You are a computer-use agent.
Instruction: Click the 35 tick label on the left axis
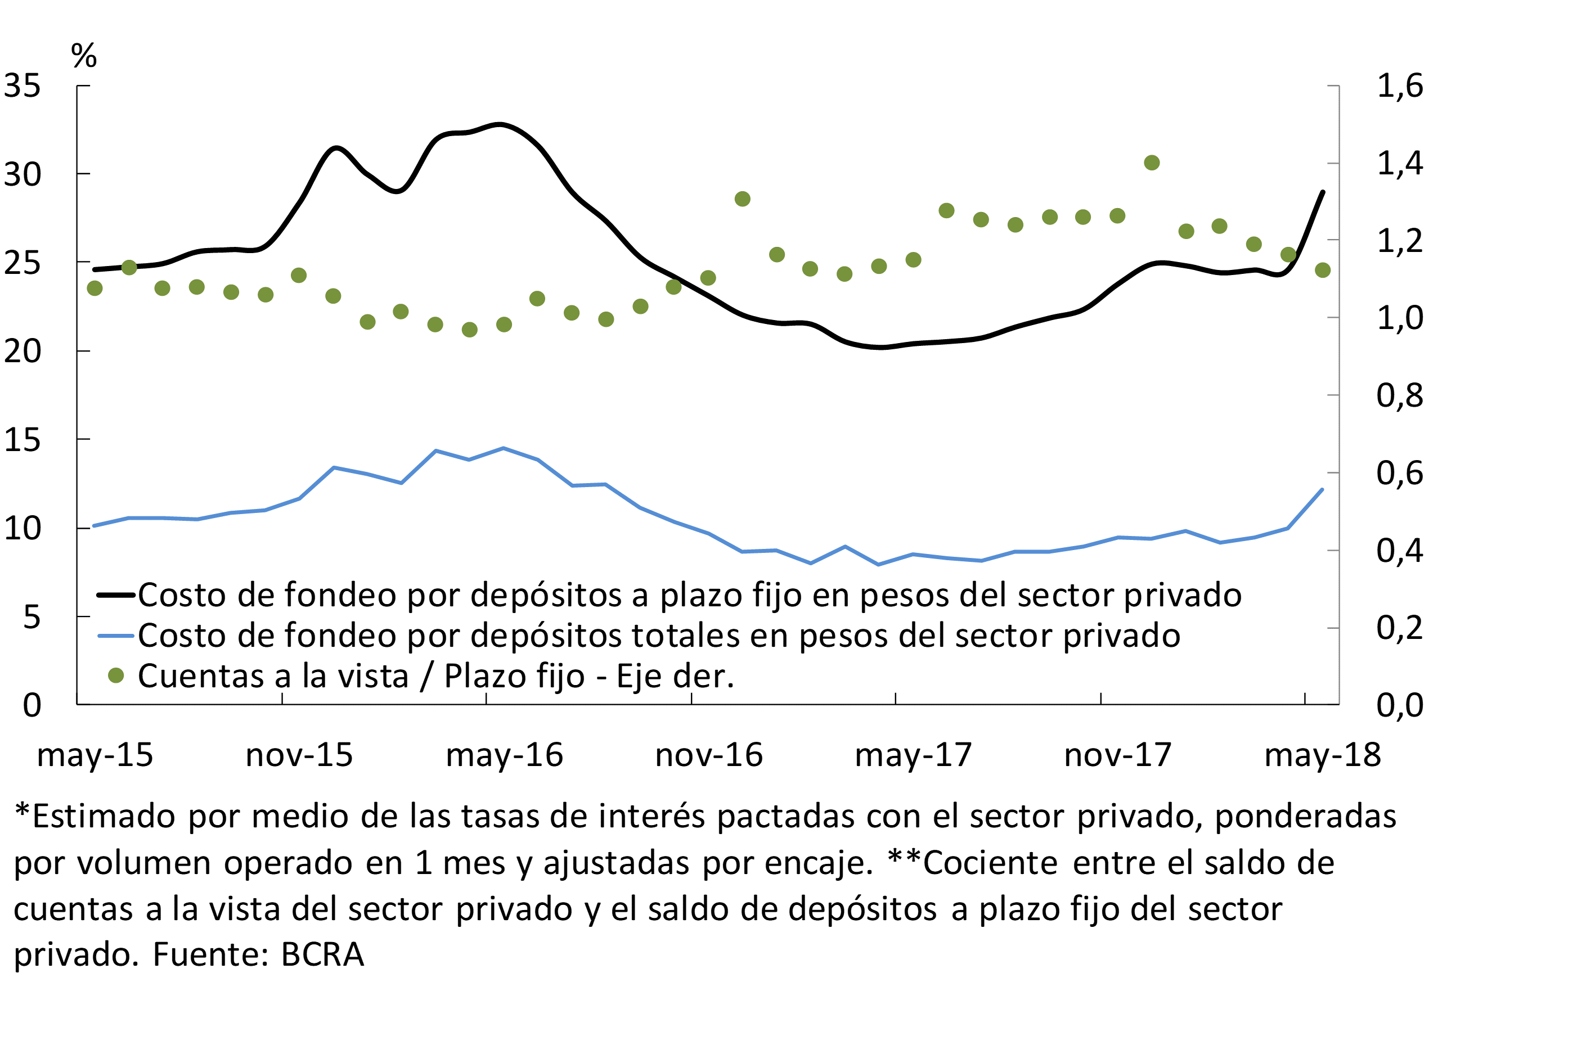(23, 86)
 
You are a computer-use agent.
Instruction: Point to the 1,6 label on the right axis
(1400, 86)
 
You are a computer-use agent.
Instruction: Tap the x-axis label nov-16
(709, 755)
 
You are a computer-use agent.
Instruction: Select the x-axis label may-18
(1322, 755)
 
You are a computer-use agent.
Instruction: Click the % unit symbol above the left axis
(84, 56)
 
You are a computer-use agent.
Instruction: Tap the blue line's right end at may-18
(1322, 489)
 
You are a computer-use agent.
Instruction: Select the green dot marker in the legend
(116, 675)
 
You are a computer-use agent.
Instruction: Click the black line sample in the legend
(116, 595)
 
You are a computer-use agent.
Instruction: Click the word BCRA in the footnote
(322, 954)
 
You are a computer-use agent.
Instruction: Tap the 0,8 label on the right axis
(1400, 395)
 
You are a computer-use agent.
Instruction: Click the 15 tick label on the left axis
(23, 440)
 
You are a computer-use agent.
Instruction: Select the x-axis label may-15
(95, 755)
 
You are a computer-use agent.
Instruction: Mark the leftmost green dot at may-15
(95, 289)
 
